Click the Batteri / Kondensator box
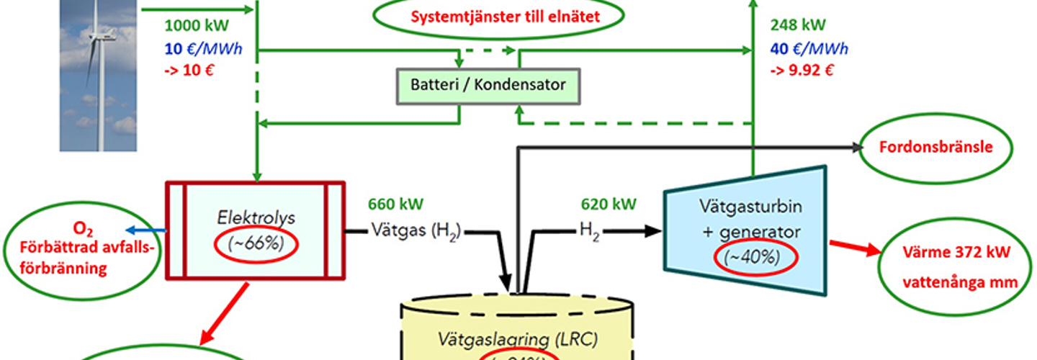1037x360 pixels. click(488, 85)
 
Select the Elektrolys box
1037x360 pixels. click(256, 231)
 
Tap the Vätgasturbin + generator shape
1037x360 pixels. click(745, 230)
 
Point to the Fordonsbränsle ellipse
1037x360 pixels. click(935, 148)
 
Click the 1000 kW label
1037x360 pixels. click(197, 26)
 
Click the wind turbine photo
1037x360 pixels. click(98, 76)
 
